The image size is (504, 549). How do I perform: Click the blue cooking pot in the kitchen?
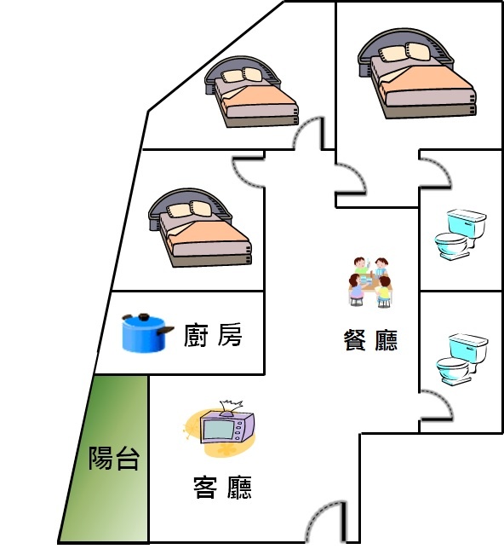147,332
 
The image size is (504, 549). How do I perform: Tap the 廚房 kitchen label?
213,335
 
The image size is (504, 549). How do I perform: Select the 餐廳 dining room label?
370,339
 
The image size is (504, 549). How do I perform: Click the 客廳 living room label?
222,487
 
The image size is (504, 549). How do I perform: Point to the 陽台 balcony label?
114,458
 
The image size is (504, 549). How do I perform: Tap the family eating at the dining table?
370,282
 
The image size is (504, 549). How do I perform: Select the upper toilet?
461,234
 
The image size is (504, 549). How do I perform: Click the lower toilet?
461,359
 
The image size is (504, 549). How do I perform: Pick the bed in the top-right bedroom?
416,74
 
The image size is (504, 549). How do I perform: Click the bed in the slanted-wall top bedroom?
251,92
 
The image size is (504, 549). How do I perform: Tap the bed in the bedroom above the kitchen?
200,228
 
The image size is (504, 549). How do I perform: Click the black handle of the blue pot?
165,330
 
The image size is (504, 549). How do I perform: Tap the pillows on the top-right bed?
405,52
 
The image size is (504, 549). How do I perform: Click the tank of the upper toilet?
467,223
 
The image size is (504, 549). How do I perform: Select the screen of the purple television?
219,430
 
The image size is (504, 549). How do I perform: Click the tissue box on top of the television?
230,407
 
